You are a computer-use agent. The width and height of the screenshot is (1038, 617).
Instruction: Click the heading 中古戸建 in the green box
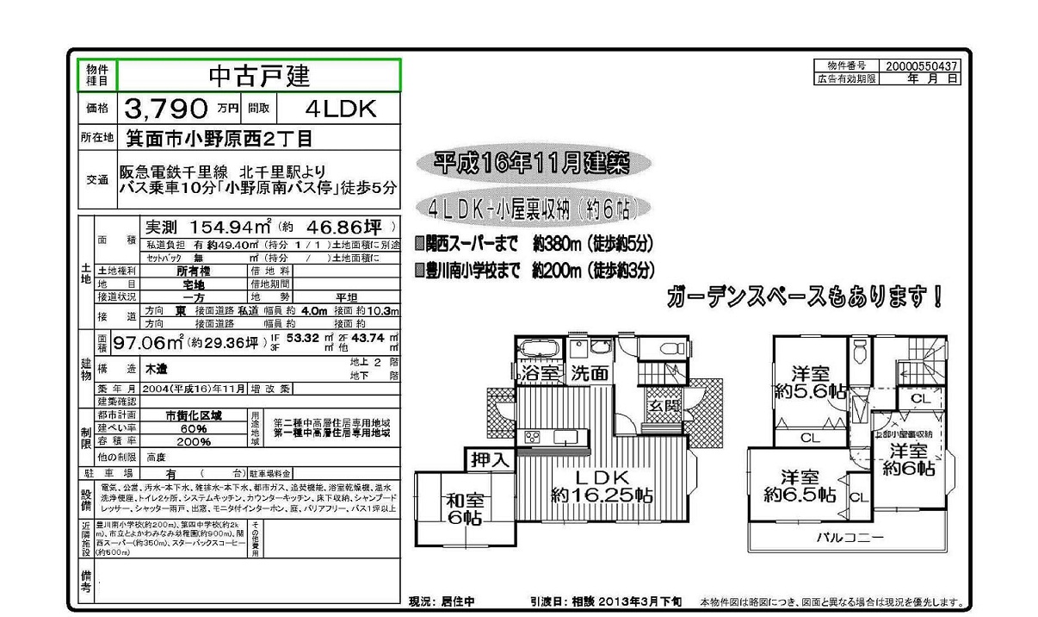tap(258, 76)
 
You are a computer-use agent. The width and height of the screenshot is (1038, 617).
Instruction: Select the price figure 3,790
tap(167, 109)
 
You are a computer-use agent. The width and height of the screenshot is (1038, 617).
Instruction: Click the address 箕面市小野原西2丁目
tap(219, 138)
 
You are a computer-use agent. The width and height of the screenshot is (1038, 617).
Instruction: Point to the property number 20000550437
tap(920, 65)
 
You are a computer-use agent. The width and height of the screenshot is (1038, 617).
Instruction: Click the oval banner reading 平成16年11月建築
tap(531, 163)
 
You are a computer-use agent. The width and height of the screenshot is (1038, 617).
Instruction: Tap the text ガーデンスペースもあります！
tap(805, 298)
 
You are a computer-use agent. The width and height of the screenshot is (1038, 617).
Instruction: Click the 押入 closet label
tap(490, 459)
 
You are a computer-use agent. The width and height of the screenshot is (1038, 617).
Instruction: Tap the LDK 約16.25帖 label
tap(602, 486)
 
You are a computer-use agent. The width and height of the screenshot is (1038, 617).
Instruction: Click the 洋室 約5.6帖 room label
tap(810, 383)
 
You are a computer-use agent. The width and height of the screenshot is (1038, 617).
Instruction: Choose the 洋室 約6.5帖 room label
tap(800, 486)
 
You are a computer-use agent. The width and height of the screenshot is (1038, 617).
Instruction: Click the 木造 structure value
tap(156, 369)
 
